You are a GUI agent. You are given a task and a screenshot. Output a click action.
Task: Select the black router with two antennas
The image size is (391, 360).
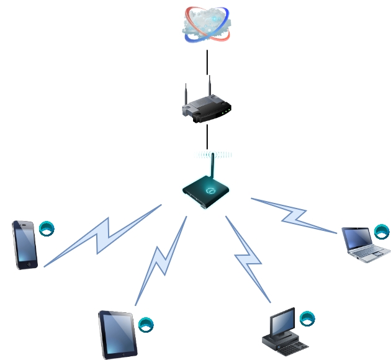click(207, 109)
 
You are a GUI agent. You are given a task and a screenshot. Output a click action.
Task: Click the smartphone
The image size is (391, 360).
click(25, 245)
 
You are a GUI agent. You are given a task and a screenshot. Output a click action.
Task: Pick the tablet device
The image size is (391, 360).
click(118, 334)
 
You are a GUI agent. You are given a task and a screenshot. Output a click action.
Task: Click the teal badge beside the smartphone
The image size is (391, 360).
click(47, 228)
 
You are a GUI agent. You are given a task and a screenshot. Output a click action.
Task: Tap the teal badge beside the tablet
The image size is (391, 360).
click(146, 325)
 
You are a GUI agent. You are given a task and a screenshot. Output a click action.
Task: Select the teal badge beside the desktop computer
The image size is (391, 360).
click(307, 319)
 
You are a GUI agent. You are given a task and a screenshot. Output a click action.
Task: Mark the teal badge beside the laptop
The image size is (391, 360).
click(382, 232)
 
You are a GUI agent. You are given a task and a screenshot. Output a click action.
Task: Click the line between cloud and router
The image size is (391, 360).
click(207, 62)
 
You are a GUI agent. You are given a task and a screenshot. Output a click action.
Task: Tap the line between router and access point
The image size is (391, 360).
click(207, 136)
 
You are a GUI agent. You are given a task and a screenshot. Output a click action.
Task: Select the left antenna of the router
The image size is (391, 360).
click(185, 96)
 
